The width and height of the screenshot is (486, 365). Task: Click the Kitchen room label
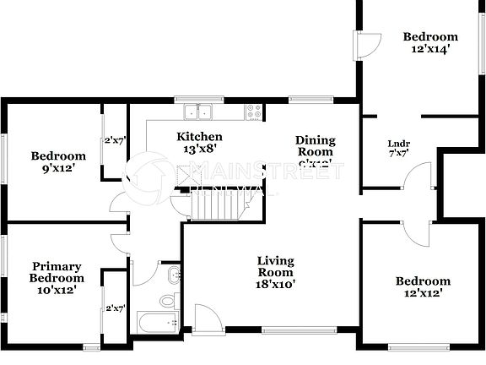click(199, 137)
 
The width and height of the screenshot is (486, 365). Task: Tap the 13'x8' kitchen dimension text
click(199, 150)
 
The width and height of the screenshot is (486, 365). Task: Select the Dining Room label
click(315, 146)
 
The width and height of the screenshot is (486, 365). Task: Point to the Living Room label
click(276, 266)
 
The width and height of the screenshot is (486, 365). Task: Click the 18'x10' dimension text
click(276, 285)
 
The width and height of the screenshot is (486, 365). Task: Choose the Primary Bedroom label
click(57, 271)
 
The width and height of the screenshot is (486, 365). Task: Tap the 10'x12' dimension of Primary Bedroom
click(57, 290)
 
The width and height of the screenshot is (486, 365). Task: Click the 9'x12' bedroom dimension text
click(58, 169)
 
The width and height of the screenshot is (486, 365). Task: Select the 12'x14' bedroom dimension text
click(429, 49)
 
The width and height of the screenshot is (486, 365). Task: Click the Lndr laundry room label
click(399, 144)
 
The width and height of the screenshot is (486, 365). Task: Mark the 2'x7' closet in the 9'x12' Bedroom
click(114, 141)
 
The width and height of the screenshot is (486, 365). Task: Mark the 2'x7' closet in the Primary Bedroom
click(114, 308)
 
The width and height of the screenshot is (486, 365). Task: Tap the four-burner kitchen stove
click(254, 111)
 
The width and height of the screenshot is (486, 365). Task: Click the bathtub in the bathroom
click(158, 323)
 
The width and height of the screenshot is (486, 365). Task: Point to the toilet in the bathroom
click(168, 299)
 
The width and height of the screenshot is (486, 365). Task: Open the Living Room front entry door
click(206, 319)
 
